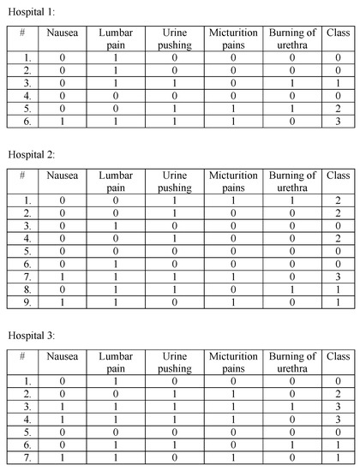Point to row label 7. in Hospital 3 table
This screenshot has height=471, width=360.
click(x=27, y=459)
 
